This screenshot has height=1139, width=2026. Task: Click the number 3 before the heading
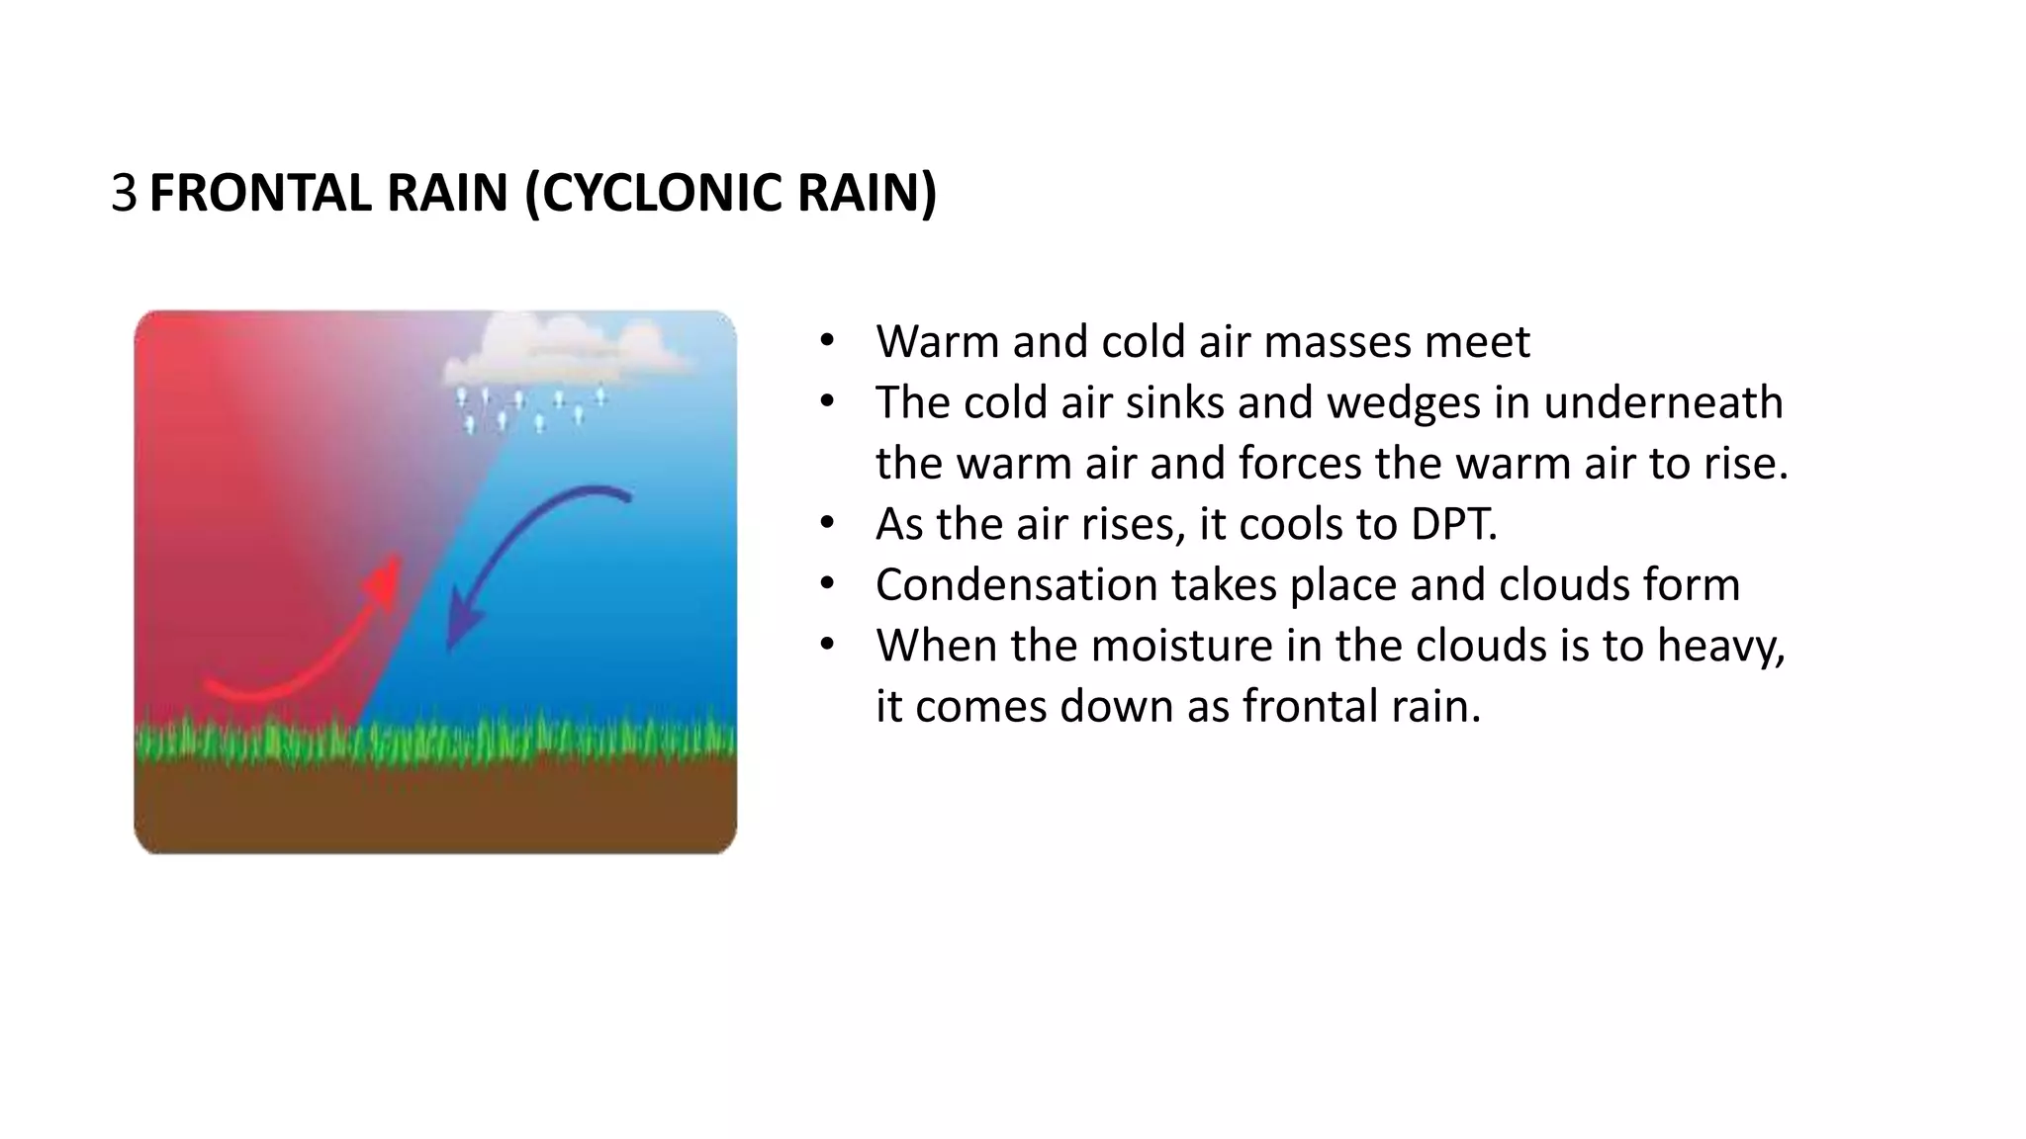[x=124, y=193]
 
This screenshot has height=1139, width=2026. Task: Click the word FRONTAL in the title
[x=260, y=193]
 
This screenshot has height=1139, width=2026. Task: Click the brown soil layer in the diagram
[x=435, y=806]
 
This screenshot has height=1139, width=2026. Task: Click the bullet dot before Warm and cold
[x=827, y=342]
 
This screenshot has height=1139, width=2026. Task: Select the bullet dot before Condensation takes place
[x=827, y=585]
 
